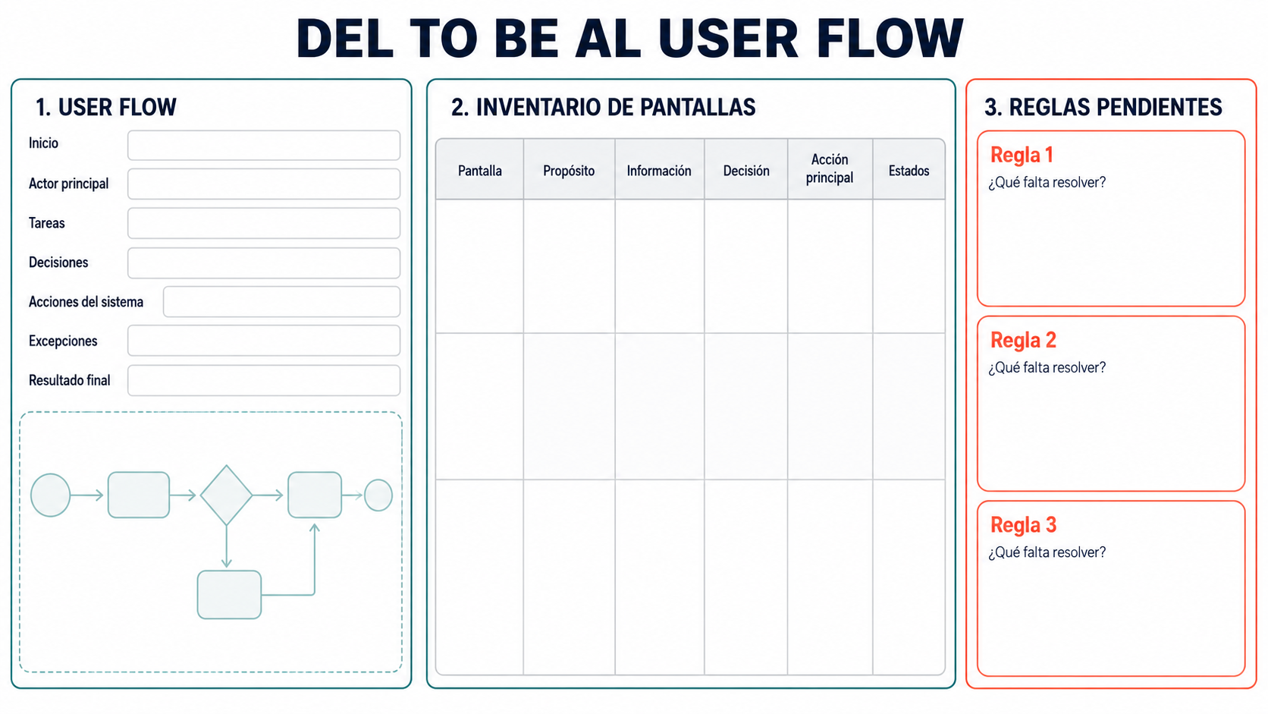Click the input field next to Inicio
(264, 146)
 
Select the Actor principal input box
(264, 184)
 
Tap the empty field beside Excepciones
(264, 340)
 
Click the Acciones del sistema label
(86, 302)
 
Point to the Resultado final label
(70, 380)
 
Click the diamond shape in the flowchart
(227, 495)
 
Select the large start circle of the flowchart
(50, 495)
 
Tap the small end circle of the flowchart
(378, 495)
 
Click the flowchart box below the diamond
(229, 595)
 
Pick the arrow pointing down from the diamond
(227, 546)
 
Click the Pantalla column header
(480, 171)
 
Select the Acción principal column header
(830, 168)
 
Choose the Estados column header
(909, 171)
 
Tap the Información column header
(659, 171)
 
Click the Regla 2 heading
(1024, 340)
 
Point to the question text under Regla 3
(1047, 552)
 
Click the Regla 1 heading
(1022, 155)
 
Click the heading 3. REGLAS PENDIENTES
(1103, 107)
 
